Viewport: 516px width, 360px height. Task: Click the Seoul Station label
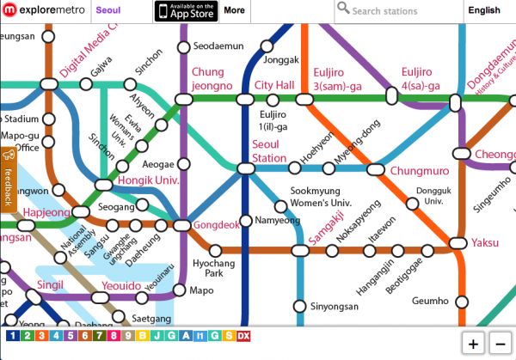269,152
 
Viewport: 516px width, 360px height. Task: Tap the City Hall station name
274,85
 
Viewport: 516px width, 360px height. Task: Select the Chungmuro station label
414,171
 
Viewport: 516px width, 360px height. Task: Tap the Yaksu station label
485,243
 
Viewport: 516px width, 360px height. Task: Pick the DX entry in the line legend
244,336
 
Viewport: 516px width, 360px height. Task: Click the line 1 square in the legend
12,336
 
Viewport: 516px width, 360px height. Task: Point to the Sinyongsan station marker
300,306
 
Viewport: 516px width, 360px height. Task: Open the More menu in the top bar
234,11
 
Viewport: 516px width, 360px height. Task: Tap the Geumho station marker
462,302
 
